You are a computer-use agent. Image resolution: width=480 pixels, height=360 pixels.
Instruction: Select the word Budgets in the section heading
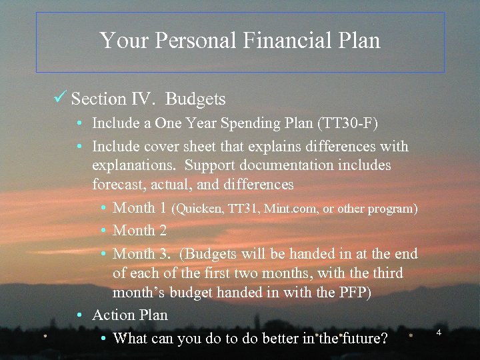tap(195, 99)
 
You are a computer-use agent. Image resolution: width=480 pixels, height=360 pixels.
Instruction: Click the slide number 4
tap(439, 332)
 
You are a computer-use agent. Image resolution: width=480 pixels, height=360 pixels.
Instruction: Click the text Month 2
tap(139, 231)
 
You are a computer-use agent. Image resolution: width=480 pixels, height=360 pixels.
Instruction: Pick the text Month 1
tap(139, 208)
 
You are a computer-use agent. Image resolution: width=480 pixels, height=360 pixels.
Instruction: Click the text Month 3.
tap(141, 254)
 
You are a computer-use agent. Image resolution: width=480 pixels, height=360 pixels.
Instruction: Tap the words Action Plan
tap(130, 315)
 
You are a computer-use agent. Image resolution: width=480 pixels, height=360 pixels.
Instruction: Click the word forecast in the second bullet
tap(119, 183)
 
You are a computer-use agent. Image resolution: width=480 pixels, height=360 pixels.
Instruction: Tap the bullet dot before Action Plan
tap(79, 315)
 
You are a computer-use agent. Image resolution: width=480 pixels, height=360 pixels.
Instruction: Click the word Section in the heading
tap(98, 99)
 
